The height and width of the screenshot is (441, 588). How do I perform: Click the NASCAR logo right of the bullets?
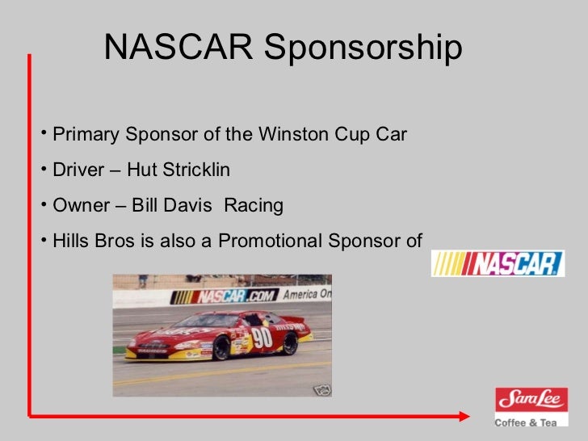(497, 263)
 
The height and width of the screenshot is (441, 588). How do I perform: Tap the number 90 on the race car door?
(262, 338)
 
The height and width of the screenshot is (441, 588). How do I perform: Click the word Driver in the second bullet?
(78, 170)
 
